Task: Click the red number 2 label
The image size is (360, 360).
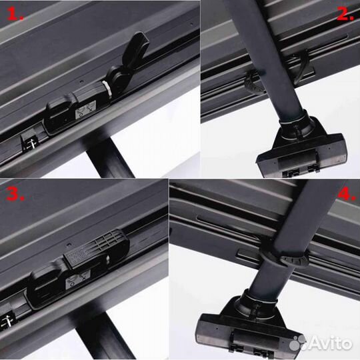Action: point(345,13)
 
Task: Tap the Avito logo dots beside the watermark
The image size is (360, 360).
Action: point(299,342)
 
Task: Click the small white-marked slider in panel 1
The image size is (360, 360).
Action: point(29,141)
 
